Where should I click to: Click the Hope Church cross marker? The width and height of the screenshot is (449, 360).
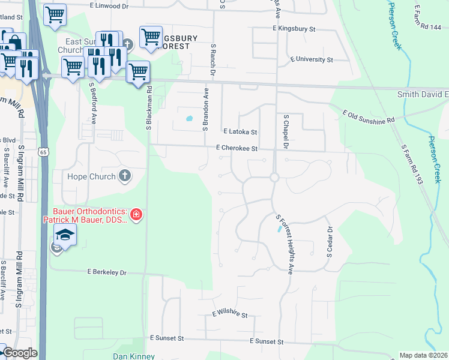pos(124,175)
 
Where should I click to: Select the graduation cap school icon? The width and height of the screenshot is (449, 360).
pos(65,235)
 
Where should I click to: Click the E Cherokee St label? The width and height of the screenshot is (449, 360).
pos(237,148)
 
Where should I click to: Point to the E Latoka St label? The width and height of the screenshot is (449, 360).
pos(240,131)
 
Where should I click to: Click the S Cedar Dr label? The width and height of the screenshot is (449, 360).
pos(329,242)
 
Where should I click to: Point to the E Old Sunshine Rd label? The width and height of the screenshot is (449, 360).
pos(369,117)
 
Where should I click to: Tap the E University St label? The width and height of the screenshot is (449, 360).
pos(311,60)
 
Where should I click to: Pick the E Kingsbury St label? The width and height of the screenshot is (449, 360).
pos(294,28)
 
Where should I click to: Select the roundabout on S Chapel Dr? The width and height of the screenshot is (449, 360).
pos(274,177)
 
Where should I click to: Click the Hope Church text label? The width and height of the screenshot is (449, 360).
pos(91,176)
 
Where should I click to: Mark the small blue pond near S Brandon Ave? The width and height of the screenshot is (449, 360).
pos(190,118)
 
